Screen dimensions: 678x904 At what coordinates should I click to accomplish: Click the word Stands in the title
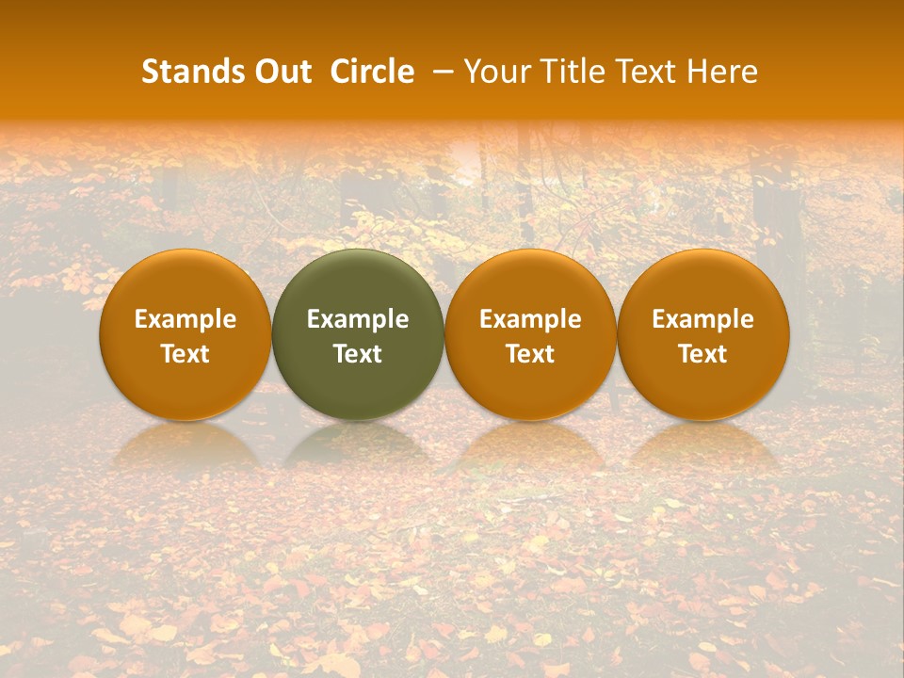[x=192, y=72]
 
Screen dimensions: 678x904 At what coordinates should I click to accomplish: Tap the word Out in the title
[x=282, y=72]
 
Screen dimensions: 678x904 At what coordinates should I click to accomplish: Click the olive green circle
[x=358, y=282]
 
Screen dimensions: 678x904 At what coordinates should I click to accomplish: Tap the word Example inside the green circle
[x=358, y=319]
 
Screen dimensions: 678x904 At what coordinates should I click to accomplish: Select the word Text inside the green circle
[x=358, y=354]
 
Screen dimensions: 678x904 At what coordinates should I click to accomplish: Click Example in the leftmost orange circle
[x=186, y=319]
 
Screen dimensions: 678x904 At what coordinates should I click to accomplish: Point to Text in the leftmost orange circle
[x=186, y=354]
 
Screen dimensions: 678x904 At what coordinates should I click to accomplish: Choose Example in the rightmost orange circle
[x=702, y=319]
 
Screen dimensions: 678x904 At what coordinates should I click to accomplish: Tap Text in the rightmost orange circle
[x=702, y=354]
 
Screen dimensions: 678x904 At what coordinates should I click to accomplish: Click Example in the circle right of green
[x=530, y=319]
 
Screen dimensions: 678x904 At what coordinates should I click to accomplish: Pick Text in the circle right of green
[x=530, y=354]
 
